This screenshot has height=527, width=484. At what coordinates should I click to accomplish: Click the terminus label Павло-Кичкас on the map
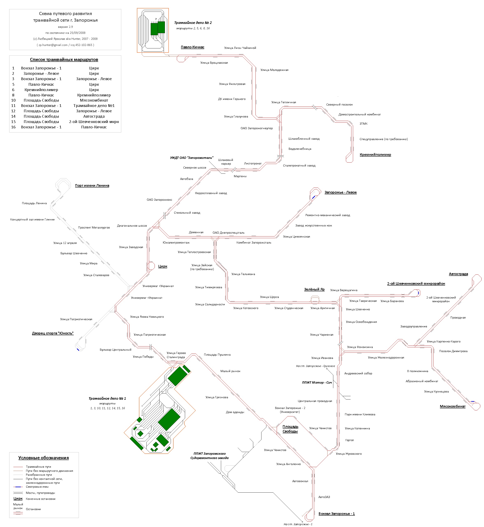192,47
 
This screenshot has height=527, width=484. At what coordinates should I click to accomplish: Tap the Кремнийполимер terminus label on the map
375,155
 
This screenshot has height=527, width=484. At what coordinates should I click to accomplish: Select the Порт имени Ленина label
92,186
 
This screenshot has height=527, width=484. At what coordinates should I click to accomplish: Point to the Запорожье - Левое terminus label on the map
340,192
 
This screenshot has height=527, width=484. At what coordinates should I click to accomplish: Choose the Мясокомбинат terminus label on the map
452,406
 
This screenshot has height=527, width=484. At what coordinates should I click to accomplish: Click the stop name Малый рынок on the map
230,371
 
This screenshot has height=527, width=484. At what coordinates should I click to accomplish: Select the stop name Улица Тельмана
243,274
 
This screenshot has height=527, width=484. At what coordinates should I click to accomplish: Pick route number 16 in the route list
13,127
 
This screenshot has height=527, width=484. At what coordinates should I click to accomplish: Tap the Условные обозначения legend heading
43,458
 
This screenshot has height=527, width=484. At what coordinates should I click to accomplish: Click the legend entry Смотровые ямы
37,487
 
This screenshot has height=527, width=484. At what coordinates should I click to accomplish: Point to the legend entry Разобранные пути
39,475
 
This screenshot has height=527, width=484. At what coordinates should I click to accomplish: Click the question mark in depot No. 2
156,19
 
